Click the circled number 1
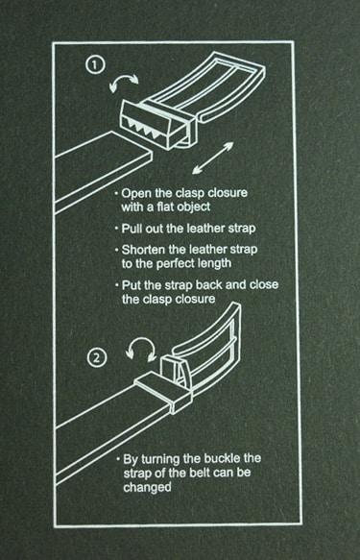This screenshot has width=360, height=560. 95,65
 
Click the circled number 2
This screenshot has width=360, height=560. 97,357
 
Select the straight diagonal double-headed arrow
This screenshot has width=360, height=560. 213,158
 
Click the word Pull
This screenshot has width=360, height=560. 132,229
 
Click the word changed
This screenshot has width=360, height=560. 147,488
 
